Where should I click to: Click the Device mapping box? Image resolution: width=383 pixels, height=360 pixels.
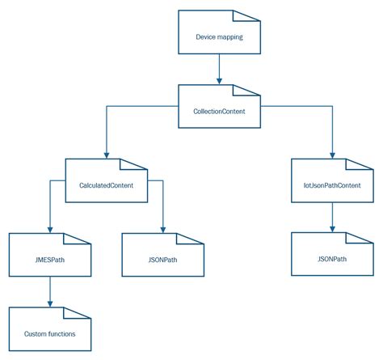pos(218,36)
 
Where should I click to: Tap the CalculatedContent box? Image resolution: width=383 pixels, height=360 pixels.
pos(106,184)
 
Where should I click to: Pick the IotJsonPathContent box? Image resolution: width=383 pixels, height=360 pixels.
pos(332,184)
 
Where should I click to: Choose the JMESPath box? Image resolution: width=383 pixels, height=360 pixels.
pos(50,259)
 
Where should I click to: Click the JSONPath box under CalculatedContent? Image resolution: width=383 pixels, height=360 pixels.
pos(162,259)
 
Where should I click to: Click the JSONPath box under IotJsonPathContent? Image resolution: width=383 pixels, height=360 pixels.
pos(332,259)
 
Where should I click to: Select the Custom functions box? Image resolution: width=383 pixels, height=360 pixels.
pos(50,332)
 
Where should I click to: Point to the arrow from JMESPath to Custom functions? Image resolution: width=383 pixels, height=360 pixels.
pos(50,291)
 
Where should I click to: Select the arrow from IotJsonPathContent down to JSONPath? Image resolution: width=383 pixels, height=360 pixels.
pos(332,217)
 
